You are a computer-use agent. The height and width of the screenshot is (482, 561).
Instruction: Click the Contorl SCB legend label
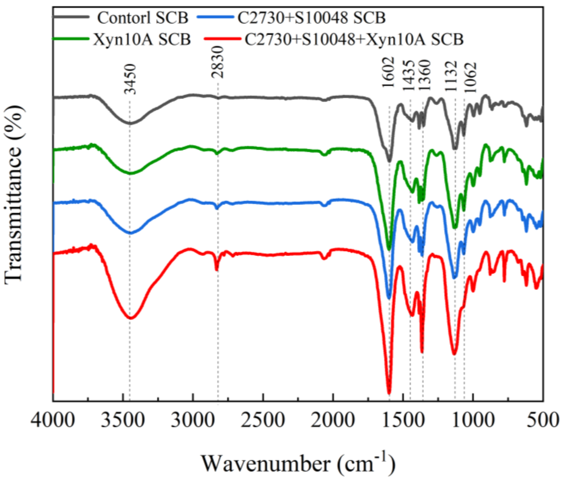[x=143, y=18]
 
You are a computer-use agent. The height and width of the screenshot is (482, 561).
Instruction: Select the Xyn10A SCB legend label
[x=142, y=40]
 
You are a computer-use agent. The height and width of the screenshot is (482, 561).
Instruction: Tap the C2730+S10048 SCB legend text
[x=311, y=18]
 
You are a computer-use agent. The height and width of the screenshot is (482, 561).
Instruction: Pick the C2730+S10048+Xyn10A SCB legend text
[x=354, y=40]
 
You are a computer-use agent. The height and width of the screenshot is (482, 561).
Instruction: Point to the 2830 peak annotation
[x=218, y=62]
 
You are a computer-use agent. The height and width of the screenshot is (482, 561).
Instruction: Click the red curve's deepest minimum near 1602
[x=389, y=393]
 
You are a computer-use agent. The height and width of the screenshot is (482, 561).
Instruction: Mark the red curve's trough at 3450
[x=131, y=318]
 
